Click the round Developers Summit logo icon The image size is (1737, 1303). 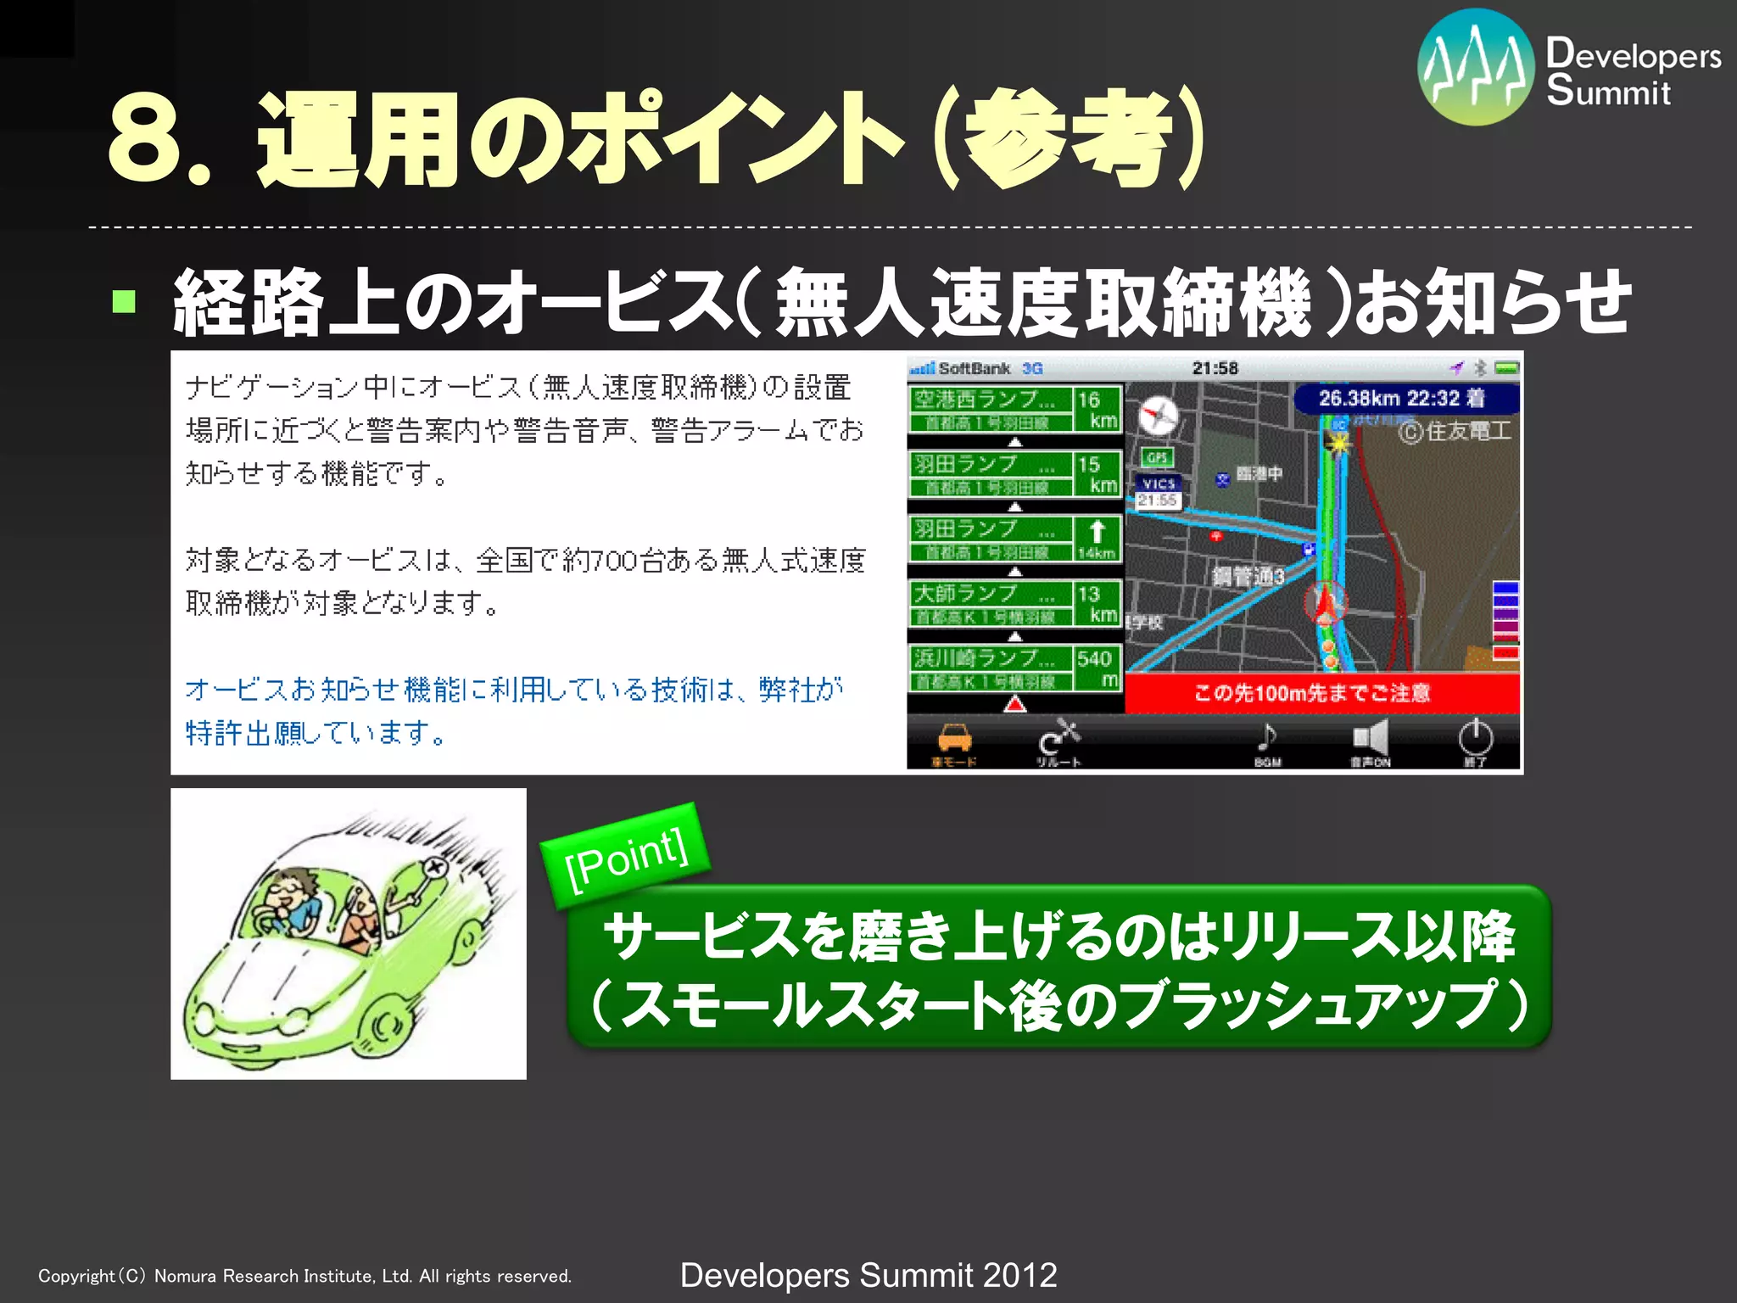1475,67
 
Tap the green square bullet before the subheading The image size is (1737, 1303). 124,301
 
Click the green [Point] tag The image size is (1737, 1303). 626,854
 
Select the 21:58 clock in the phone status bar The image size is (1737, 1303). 1215,368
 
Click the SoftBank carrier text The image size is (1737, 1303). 974,368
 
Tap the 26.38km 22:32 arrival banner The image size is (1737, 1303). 1404,399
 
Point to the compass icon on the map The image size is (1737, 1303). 1158,417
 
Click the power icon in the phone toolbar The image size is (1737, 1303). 1475,739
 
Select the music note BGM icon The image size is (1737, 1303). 1266,738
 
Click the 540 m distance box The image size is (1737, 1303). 1097,668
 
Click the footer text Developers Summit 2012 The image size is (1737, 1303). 868,1275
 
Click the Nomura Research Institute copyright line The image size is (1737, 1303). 305,1276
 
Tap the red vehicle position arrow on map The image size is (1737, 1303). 1323,601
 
